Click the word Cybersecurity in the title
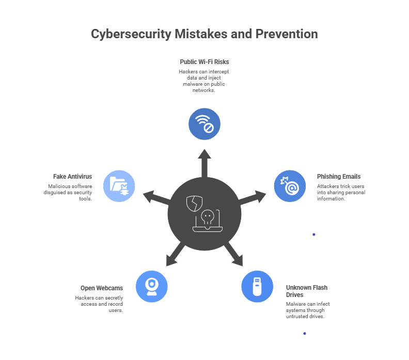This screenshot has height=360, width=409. pos(131,35)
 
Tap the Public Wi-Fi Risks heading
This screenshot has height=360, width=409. pos(204,62)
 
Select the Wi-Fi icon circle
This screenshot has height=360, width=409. pos(204,124)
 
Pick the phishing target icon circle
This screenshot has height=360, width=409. pos(290,186)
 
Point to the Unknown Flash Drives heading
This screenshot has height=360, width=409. pos(307,291)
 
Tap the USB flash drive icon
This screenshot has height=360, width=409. pos(257,286)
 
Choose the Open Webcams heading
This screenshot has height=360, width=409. pos(102,288)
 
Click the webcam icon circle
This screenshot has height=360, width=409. pos(152,286)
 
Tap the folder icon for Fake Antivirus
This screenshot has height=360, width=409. pos(119,186)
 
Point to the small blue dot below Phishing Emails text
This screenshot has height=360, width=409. pos(313,234)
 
